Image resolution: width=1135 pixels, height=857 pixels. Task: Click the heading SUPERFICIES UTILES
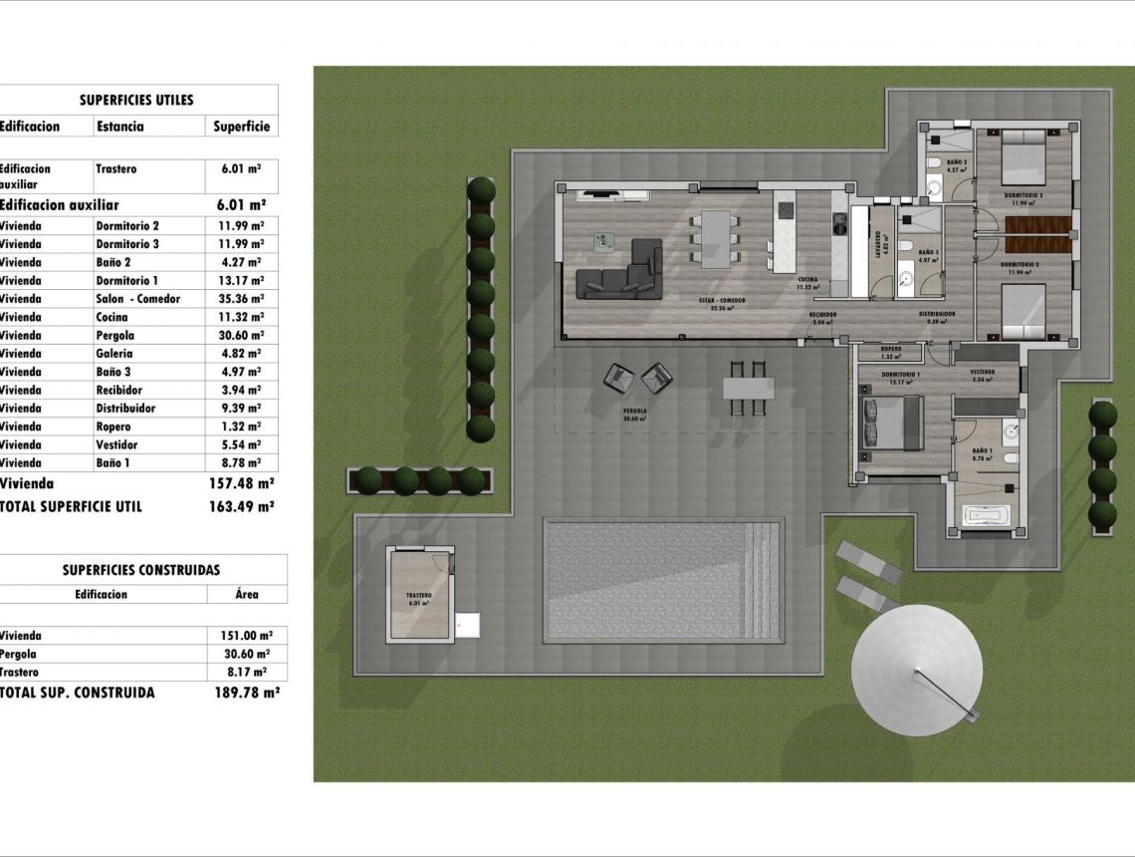pos(136,100)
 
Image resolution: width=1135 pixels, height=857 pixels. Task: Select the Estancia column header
pos(119,127)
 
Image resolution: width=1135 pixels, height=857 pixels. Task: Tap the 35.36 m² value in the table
pos(241,299)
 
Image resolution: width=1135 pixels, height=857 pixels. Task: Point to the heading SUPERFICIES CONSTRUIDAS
pos(141,570)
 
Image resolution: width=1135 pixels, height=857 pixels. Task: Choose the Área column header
pos(247,594)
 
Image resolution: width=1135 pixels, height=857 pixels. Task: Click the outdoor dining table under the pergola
pos(750,386)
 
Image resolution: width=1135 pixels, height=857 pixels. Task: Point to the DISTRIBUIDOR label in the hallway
pos(937,314)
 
